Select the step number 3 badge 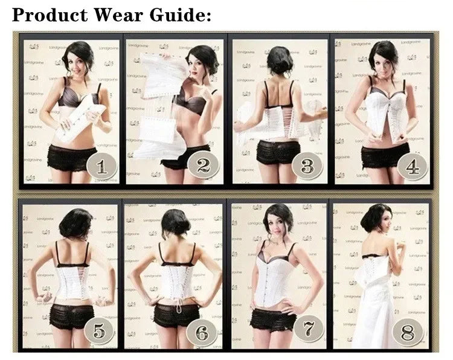(308, 164)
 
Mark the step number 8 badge (407, 332)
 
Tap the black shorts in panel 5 (71, 316)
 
